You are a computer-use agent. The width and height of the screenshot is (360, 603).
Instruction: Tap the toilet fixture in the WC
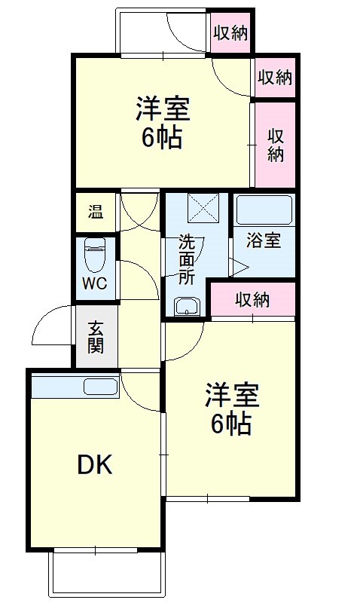coord(95,255)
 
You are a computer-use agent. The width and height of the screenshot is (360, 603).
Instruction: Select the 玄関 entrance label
coord(96,338)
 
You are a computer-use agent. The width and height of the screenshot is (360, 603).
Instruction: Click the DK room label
coord(96,465)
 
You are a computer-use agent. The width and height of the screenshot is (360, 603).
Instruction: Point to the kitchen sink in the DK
coord(100,387)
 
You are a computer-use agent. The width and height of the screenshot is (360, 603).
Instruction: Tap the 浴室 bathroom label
coord(264,241)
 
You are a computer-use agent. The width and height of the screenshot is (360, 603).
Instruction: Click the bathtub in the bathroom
coord(263,209)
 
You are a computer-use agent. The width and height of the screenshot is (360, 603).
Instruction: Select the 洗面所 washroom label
coord(187,259)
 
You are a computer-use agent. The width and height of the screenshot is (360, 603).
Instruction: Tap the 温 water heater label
coord(95,213)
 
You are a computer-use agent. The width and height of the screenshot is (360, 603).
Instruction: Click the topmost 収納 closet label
coord(230,32)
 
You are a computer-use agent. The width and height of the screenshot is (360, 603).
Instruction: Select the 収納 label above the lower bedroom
coord(252,300)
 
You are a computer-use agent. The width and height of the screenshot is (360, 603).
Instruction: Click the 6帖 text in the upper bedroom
coord(162,138)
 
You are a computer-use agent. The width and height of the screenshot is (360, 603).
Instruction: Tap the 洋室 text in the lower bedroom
coord(231,394)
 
